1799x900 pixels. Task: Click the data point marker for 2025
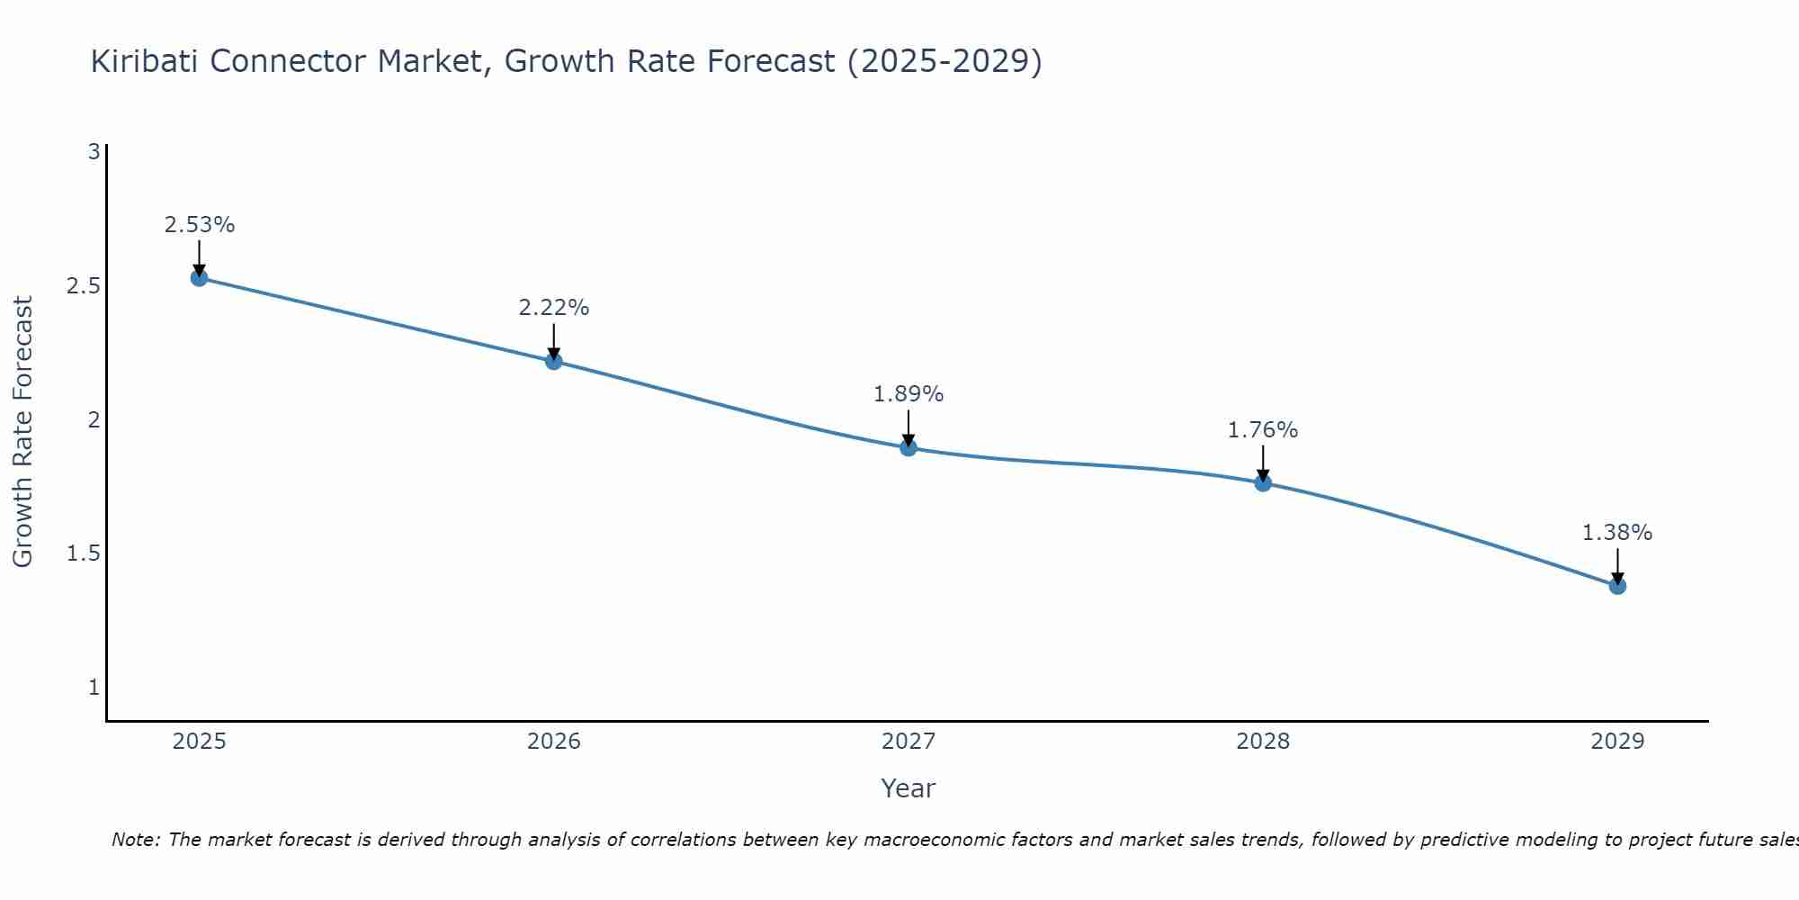(200, 277)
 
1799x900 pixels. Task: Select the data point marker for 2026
(554, 361)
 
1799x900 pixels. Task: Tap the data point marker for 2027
(908, 447)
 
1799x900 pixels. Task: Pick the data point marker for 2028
(1263, 482)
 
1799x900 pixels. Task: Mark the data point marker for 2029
(1617, 586)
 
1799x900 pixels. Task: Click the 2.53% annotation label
(200, 225)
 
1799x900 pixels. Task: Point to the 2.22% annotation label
(554, 308)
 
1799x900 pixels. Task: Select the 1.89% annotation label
(908, 394)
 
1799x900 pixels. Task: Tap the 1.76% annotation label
(1263, 430)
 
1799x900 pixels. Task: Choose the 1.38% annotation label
(1617, 533)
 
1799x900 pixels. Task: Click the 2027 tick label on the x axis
(908, 742)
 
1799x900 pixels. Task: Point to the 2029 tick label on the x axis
(1617, 742)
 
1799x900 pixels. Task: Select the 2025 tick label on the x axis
(200, 742)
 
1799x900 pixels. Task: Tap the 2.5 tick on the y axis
(83, 286)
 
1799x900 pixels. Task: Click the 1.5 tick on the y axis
(83, 553)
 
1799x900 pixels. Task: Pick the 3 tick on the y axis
(94, 152)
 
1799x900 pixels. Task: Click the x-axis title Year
(908, 788)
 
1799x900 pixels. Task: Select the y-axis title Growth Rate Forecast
(23, 432)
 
